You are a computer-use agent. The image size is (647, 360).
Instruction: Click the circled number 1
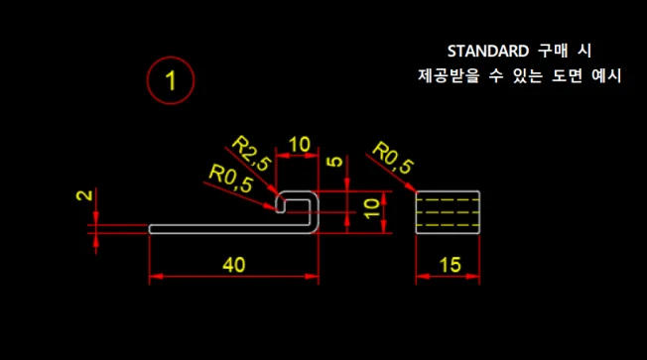[171, 80]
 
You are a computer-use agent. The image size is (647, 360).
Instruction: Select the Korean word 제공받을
[452, 76]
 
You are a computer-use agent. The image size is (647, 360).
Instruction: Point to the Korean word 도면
[565, 76]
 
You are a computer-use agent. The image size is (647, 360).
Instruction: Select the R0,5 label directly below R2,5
[230, 179]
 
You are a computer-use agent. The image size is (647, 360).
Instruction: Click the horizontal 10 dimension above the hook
[299, 145]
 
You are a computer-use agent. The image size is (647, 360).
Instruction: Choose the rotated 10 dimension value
[371, 208]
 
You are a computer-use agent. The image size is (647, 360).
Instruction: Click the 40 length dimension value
[234, 265]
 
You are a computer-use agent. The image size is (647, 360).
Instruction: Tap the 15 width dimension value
[449, 265]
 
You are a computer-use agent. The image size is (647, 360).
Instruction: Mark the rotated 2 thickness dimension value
[90, 195]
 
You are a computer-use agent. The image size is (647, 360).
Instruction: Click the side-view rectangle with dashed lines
[448, 211]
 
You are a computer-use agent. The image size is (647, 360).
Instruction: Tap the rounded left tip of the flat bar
[152, 228]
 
